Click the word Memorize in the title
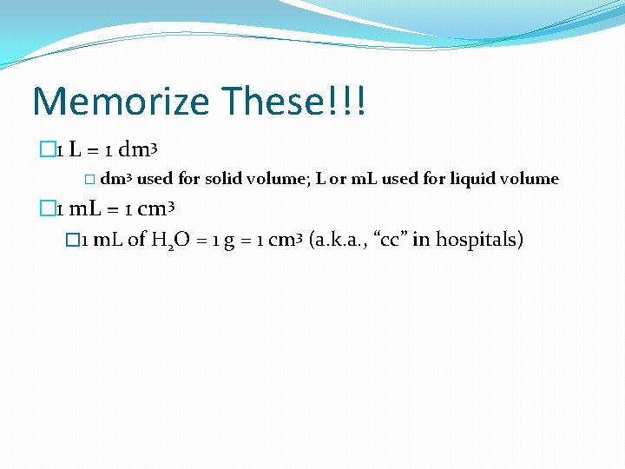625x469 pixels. (121, 102)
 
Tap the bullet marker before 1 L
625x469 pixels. (45, 150)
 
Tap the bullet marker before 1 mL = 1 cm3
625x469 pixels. (45, 209)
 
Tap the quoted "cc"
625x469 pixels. (391, 240)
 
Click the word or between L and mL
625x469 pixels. (338, 180)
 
